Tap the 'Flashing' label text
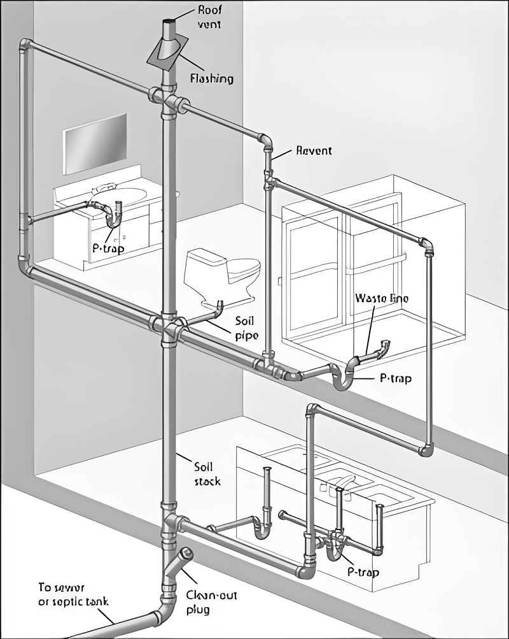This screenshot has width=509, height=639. (x=212, y=79)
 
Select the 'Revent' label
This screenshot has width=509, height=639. (x=314, y=151)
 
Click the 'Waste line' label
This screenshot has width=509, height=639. (x=381, y=298)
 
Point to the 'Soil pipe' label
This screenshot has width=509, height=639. (x=245, y=327)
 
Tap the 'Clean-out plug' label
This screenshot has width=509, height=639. (x=207, y=602)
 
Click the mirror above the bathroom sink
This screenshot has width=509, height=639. (x=94, y=143)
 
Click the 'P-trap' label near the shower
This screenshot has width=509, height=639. (x=395, y=378)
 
